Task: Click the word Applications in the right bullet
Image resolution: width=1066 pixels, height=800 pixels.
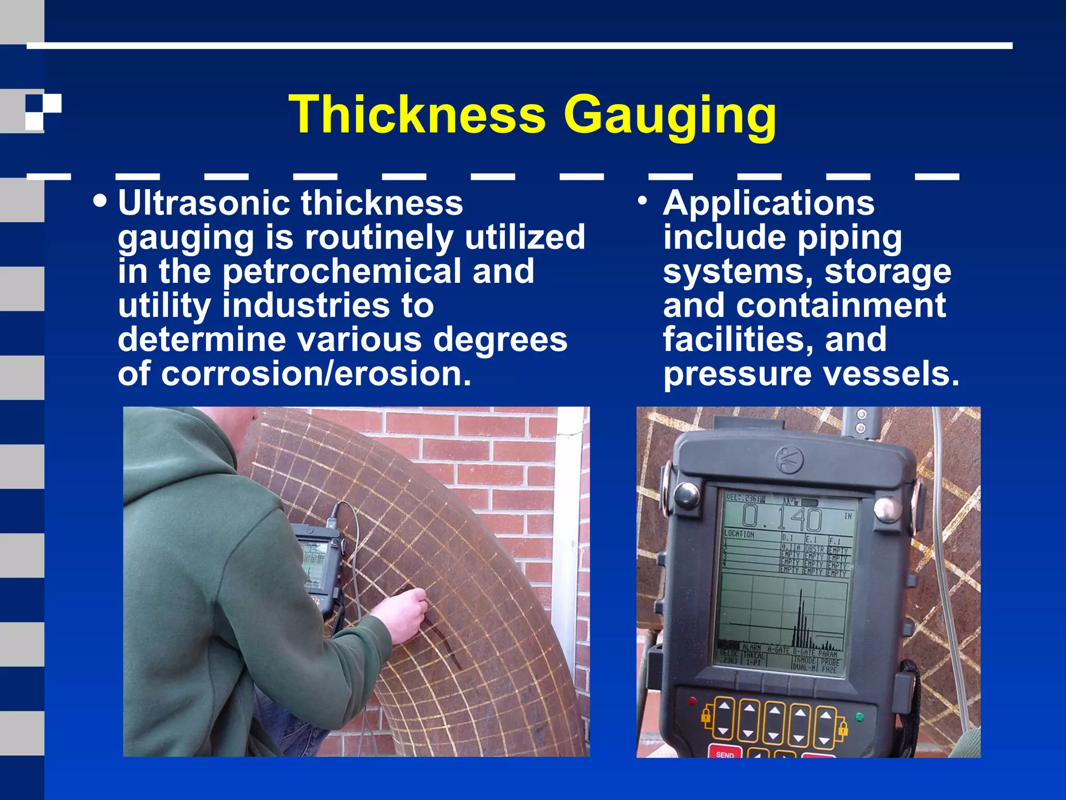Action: (769, 203)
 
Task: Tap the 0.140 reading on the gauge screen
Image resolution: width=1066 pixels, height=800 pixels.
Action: (781, 518)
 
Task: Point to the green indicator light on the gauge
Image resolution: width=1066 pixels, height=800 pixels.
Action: (859, 717)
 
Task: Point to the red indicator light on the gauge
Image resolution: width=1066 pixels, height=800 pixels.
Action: (692, 701)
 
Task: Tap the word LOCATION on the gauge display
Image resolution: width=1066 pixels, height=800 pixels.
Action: (739, 534)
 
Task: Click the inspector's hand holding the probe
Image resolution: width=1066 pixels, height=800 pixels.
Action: (404, 614)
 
